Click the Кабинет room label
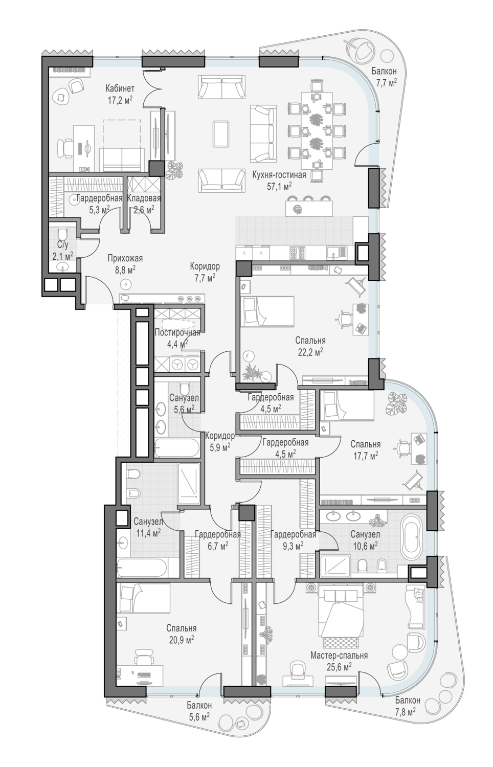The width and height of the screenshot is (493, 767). tap(120, 88)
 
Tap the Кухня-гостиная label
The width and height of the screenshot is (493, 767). tap(279, 175)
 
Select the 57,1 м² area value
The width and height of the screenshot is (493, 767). tap(279, 186)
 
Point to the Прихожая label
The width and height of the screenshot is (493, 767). tap(125, 259)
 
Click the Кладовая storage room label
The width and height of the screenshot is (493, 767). tap(144, 198)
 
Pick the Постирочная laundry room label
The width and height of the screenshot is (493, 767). tap(177, 332)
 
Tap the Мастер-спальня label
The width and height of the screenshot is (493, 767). tap(339, 656)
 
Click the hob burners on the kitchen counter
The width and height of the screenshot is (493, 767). tap(297, 254)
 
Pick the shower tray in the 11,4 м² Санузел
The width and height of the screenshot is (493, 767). tap(188, 484)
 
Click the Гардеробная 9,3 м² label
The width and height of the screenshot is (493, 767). tap(293, 539)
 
